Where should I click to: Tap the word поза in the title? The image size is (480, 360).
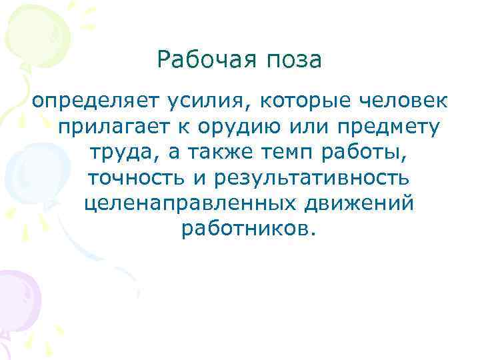coord(293,62)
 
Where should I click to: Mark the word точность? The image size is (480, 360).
coord(135,177)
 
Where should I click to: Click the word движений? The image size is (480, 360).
coord(355,203)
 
